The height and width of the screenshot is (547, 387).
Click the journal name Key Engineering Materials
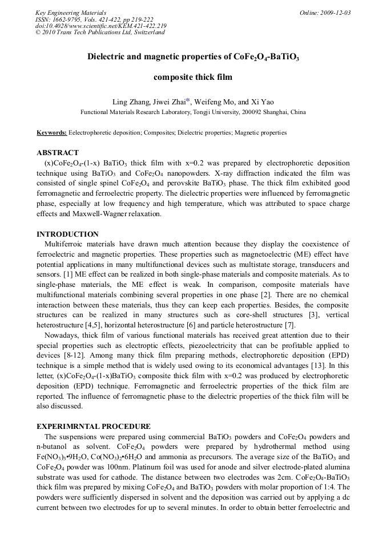pyautogui.click(x=70, y=13)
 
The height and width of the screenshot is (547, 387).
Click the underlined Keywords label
pyautogui.click(x=51, y=132)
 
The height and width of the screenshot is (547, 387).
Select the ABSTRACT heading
pyautogui.click(x=58, y=153)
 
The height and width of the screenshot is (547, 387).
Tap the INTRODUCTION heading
pyautogui.click(x=67, y=234)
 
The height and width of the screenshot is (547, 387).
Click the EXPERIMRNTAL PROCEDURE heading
pyautogui.click(x=94, y=427)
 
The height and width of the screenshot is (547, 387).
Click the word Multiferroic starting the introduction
pyautogui.click(x=63, y=244)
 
